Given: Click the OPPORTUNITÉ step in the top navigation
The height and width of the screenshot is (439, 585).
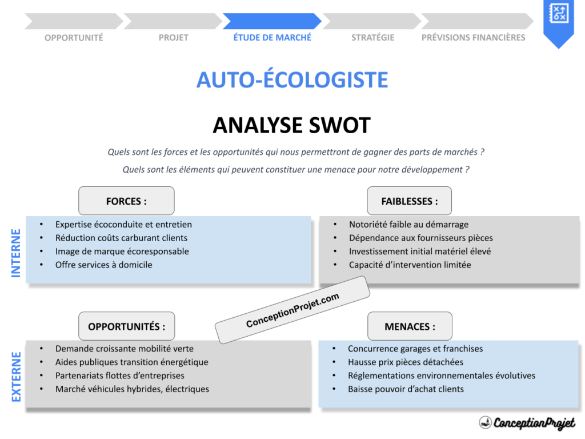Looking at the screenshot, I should click(74, 38).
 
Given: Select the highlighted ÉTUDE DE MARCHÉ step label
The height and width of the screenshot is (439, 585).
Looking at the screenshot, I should click(272, 38).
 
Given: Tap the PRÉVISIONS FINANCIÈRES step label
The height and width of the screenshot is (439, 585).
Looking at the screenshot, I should click(473, 38).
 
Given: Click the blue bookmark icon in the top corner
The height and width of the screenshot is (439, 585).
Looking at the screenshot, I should click(558, 21).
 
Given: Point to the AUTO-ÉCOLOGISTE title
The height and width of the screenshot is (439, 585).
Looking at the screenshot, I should click(292, 80).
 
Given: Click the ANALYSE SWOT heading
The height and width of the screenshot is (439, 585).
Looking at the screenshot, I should click(292, 125).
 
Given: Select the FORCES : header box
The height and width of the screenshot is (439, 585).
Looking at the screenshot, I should click(126, 201).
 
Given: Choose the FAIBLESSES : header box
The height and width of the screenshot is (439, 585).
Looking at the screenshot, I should click(409, 201).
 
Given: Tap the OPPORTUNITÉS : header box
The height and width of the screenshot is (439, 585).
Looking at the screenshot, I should click(126, 326).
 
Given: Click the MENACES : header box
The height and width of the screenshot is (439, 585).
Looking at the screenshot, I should click(409, 326).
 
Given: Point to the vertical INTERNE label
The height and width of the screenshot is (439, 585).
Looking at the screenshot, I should click(16, 253).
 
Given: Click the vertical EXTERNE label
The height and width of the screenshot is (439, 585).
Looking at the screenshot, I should click(16, 377).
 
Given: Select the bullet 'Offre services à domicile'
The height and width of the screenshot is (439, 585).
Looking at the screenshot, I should click(103, 265).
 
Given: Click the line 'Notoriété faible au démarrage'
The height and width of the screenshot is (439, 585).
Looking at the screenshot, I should click(408, 225).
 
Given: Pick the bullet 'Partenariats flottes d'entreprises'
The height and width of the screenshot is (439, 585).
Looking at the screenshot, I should click(119, 376).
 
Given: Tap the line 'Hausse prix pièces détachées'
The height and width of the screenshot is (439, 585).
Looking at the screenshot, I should click(405, 362).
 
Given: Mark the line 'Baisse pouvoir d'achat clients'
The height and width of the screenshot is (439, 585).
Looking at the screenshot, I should click(406, 389).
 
